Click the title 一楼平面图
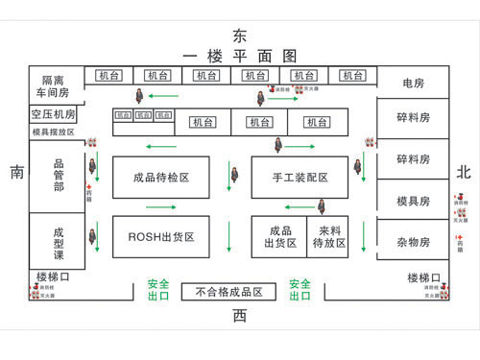pyautogui.click(x=240, y=56)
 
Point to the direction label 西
pyautogui.click(x=240, y=315)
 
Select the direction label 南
pyautogui.click(x=17, y=173)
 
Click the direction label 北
pyautogui.click(x=464, y=173)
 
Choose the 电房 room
pyautogui.click(x=414, y=84)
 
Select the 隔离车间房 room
pyautogui.click(x=53, y=86)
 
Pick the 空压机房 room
pyautogui.click(x=53, y=114)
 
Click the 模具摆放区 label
pyautogui.click(x=53, y=132)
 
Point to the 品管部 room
pyautogui.click(x=58, y=176)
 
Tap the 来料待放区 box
pyautogui.click(x=326, y=236)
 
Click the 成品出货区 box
pyautogui.click(x=279, y=236)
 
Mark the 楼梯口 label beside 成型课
pyautogui.click(x=54, y=276)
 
